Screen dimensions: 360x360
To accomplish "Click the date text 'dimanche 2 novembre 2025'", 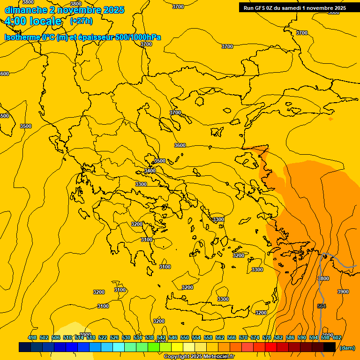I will click(64, 10).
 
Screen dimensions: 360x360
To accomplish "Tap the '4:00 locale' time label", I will click(33, 21).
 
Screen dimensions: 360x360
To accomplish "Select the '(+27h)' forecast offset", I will click(81, 21).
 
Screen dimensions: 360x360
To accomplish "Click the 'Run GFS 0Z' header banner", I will click(295, 7).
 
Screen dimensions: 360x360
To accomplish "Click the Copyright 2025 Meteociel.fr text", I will click(199, 356).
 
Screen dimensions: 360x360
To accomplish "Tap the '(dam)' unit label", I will click(347, 348).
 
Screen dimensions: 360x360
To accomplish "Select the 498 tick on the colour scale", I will click(32, 337).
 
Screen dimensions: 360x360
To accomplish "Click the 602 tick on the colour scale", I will click(337, 337).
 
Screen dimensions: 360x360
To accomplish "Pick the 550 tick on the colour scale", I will click(185, 337).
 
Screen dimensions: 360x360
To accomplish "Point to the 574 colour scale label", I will click(255, 337).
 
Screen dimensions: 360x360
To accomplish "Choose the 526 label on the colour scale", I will click(114, 337).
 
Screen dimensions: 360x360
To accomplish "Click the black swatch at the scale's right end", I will click(330, 347).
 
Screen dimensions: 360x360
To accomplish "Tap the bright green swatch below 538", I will click(153, 347).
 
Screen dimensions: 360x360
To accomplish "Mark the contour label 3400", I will click(150, 171).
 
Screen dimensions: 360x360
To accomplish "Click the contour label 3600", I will click(180, 145).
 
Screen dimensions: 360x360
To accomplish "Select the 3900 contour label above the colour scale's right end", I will click(343, 292).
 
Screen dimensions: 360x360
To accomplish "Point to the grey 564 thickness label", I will click(322, 306).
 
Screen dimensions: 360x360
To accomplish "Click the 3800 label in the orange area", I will click(323, 278).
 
